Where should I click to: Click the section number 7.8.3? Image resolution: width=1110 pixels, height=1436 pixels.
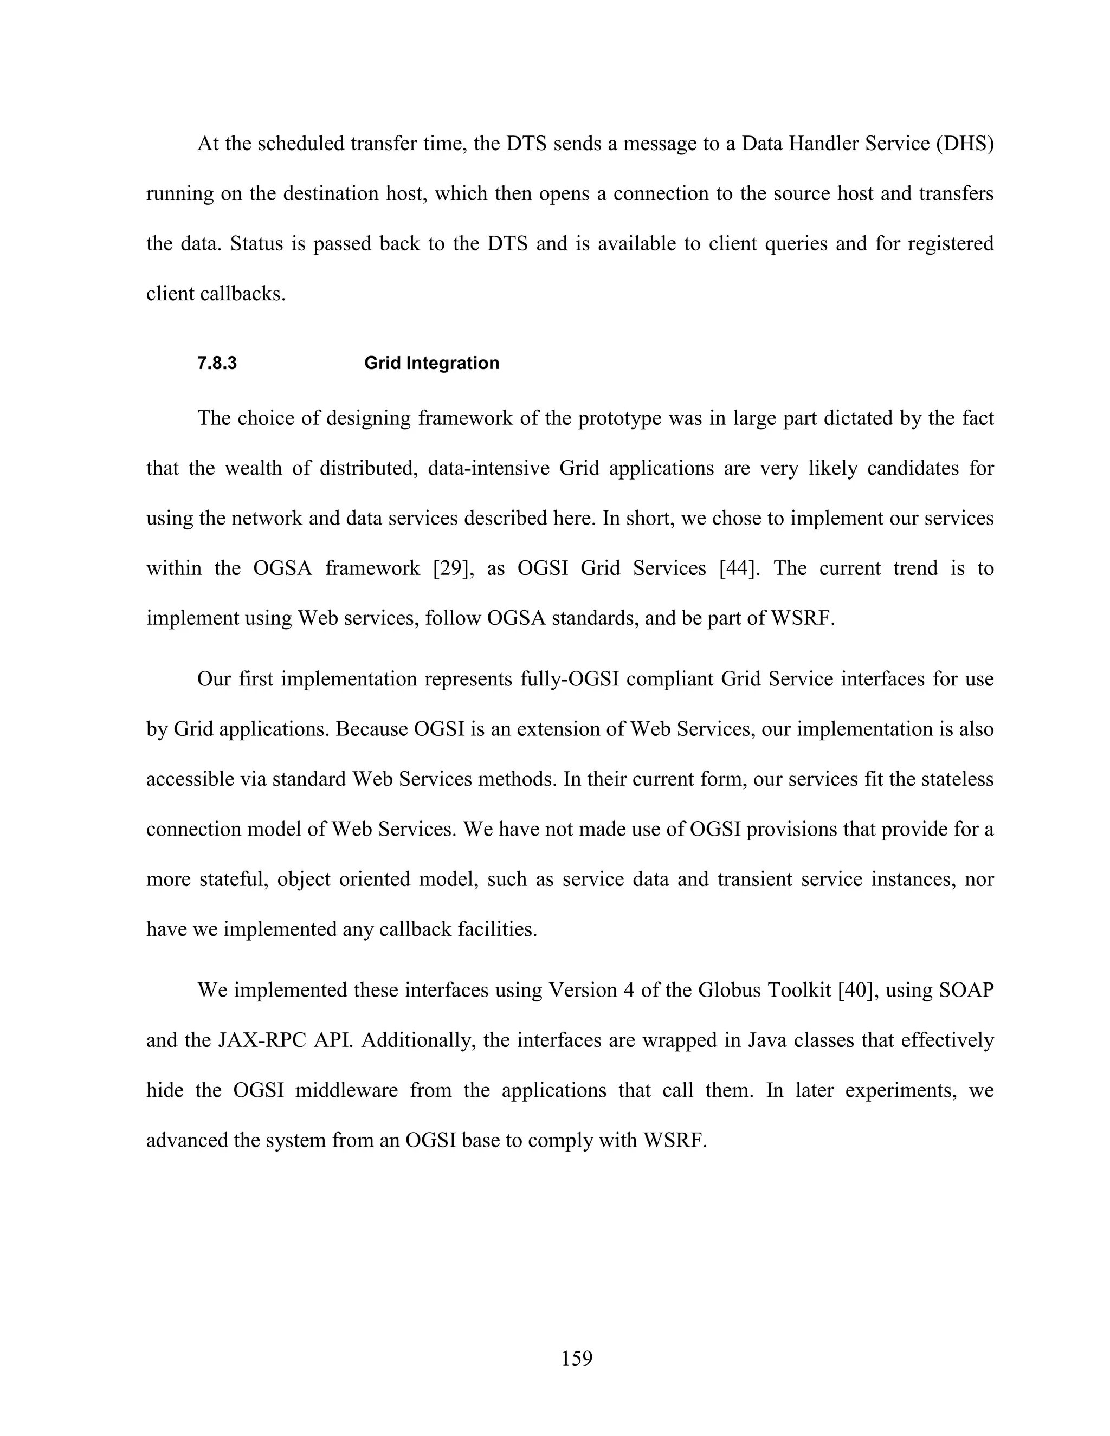(x=216, y=364)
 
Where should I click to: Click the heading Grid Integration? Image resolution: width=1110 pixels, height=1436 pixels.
(x=431, y=364)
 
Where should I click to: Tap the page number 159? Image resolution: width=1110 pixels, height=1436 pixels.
(x=577, y=1359)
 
